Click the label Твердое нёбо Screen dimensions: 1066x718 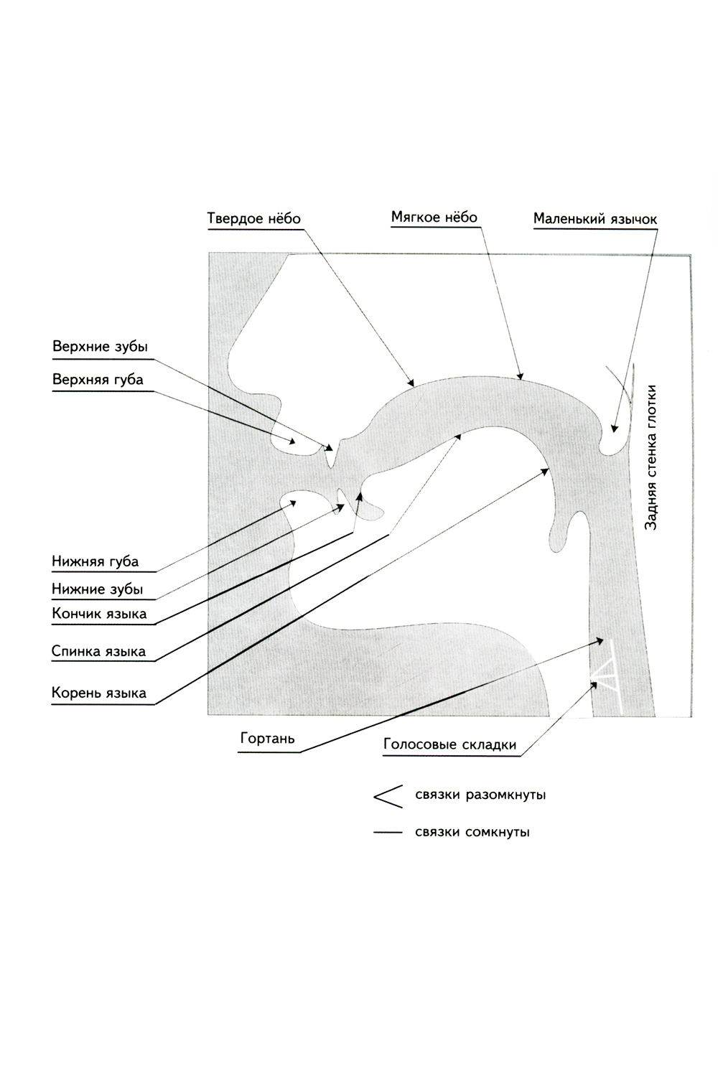point(253,218)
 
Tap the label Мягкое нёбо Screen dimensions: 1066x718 point(434,217)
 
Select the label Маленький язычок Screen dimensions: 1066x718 point(595,219)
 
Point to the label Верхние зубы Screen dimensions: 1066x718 point(100,347)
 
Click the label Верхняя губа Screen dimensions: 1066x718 point(98,380)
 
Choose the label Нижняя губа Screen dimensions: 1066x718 point(95,561)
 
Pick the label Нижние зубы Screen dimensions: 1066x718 point(97,590)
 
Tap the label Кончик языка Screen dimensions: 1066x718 point(99,614)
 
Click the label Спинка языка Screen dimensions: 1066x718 point(98,652)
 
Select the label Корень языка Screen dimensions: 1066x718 point(99,693)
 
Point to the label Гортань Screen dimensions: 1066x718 point(268,739)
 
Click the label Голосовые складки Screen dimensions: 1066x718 point(449,744)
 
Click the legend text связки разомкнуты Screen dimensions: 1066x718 point(480,795)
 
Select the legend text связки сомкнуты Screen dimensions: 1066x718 point(472,833)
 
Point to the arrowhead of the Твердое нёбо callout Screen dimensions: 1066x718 point(412,383)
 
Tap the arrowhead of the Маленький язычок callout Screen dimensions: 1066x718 point(613,429)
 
